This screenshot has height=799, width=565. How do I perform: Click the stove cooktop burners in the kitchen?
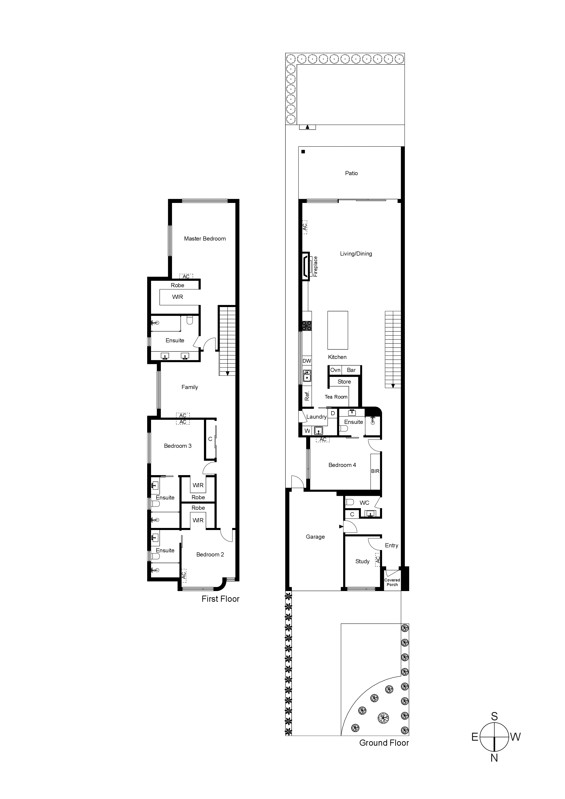tap(307, 326)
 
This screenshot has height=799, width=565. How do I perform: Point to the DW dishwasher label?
tap(307, 361)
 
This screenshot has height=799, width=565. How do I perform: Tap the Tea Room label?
tap(336, 397)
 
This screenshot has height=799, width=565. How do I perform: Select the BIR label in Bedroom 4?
tap(375, 471)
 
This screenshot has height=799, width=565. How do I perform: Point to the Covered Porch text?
tap(392, 582)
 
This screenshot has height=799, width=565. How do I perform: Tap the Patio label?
tap(351, 173)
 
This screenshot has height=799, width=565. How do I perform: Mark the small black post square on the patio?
tap(303, 152)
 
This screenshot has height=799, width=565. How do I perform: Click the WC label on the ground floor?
tap(365, 503)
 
